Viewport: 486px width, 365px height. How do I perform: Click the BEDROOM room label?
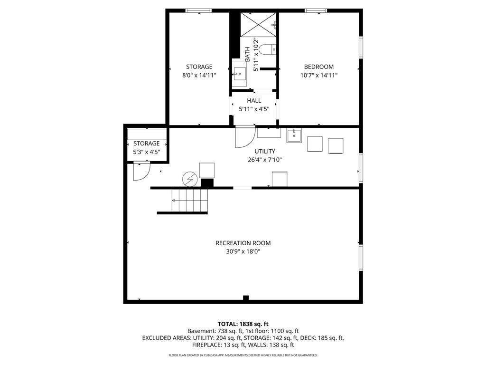point(318,67)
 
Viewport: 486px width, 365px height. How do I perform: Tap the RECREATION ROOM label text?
point(243,243)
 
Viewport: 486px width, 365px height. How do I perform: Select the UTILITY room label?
point(265,151)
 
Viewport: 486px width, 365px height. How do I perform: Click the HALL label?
point(254,101)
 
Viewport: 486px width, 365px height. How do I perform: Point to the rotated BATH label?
point(247,54)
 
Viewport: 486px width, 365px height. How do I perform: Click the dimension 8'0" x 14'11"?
point(199,75)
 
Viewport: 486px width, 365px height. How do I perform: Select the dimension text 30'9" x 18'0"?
point(243,251)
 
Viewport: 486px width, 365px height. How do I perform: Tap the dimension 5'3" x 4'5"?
point(147,152)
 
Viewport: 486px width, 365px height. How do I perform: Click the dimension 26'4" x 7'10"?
point(265,160)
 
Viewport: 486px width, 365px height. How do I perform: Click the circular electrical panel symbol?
point(190,179)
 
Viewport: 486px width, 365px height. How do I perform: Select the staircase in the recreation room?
point(190,201)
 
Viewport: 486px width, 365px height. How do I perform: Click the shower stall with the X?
point(258,25)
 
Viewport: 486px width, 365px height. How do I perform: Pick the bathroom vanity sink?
point(240,74)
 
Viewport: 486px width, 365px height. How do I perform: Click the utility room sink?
point(294,135)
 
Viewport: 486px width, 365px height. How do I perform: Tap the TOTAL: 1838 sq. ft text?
point(243,324)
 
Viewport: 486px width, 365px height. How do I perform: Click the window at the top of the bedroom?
point(316,11)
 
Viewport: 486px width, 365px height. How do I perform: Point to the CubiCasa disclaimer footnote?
point(243,355)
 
